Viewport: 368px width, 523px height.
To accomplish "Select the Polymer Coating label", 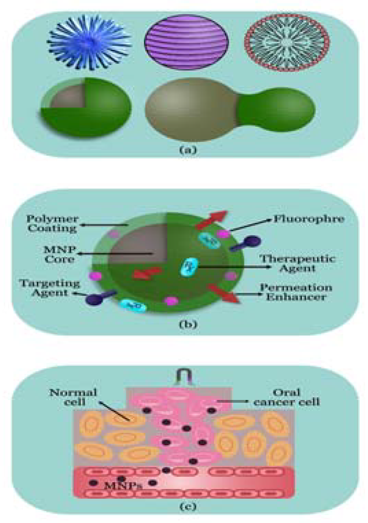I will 53,223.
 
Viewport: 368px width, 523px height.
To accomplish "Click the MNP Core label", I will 59,254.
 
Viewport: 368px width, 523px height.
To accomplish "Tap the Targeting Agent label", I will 49,288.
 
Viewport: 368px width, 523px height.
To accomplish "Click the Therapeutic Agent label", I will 297,263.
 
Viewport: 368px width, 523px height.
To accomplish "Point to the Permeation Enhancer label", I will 296,292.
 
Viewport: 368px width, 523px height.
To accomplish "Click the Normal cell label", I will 73,397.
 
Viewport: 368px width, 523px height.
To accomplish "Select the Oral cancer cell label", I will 287,397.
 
